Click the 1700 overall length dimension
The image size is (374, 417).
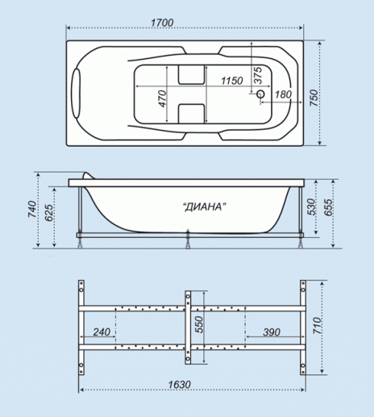pos(162,23)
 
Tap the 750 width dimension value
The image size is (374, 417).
pos(314,98)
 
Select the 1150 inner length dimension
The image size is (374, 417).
pos(232,81)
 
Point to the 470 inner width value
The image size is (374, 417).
pos(162,98)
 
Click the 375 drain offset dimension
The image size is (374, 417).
pos(258,75)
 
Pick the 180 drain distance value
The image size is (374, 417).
pos(283,94)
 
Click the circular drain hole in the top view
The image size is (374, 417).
pos(260,94)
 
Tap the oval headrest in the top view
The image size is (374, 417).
pos(76,94)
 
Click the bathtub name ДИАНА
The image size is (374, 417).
pos(204,206)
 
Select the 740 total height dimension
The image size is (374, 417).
pos(32,209)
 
